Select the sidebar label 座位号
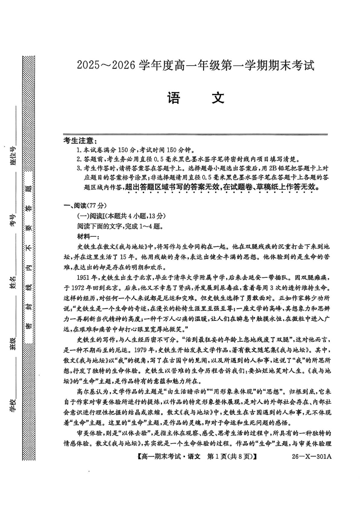[14, 156]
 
